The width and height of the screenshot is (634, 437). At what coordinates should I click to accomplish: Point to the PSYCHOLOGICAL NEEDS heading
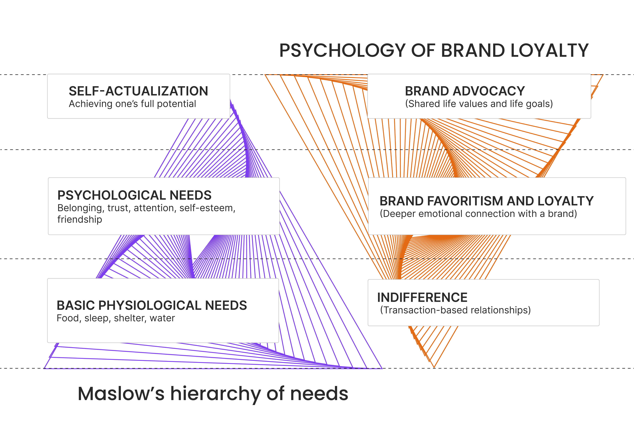(x=134, y=195)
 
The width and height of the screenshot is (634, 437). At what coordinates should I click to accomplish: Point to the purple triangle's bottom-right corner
(x=382, y=368)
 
